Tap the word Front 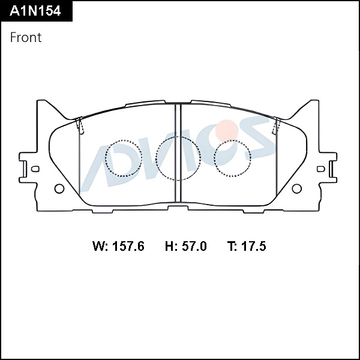pos(26,37)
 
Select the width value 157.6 pos(128,247)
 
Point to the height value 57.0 pos(194,247)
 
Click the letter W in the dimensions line pos(99,247)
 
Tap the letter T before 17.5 pos(231,247)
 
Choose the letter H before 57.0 pos(169,247)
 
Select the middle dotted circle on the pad pos(178,157)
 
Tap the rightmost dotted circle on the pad pos(232,158)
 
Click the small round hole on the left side pos(59,189)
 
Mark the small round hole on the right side pos(296,189)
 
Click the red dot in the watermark pos(227,128)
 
